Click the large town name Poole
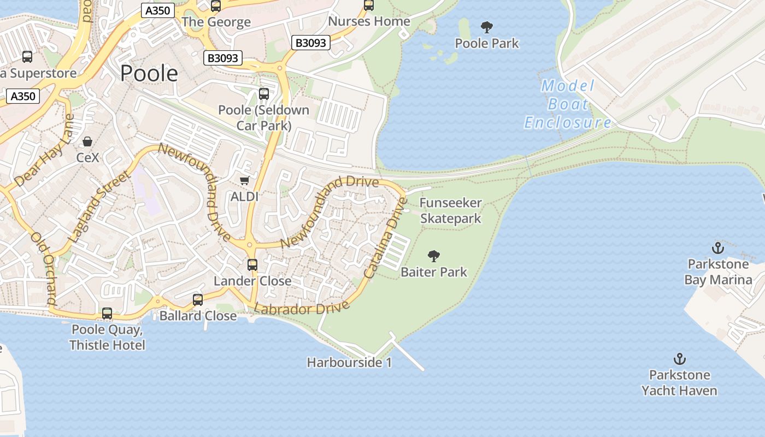pyautogui.click(x=149, y=73)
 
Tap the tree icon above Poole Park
pyautogui.click(x=486, y=27)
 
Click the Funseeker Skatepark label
pyautogui.click(x=450, y=211)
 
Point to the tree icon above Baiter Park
pyautogui.click(x=434, y=256)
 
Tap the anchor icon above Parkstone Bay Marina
pyautogui.click(x=717, y=249)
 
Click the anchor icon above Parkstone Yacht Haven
pyautogui.click(x=679, y=359)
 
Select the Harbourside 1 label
pyautogui.click(x=349, y=362)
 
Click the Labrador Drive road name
pyautogui.click(x=302, y=309)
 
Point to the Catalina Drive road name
pyautogui.click(x=386, y=238)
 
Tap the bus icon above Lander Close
pyautogui.click(x=252, y=265)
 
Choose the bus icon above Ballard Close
pyautogui.click(x=197, y=300)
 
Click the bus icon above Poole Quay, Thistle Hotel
pyautogui.click(x=107, y=314)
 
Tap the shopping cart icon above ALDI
pyautogui.click(x=244, y=180)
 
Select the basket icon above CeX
pyautogui.click(x=87, y=142)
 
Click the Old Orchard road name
pyautogui.click(x=44, y=268)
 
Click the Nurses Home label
pyautogui.click(x=369, y=21)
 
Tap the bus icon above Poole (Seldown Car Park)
pyautogui.click(x=264, y=93)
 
